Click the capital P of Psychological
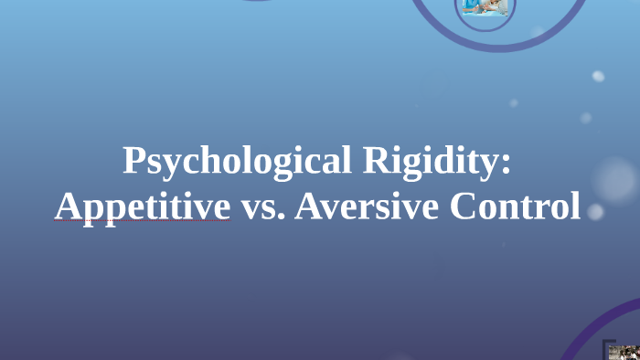133,161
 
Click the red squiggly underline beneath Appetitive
142,221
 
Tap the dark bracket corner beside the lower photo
605,345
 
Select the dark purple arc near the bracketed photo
585,329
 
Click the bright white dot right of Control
595,212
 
